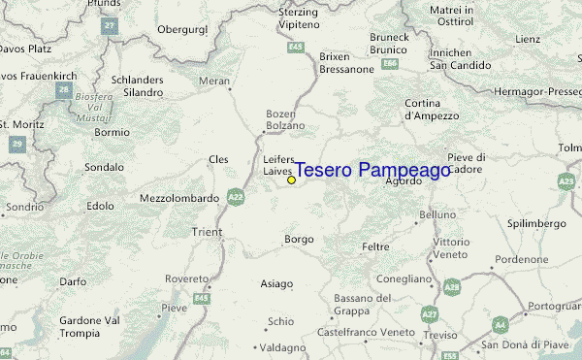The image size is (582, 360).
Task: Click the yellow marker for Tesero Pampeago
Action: tap(291, 180)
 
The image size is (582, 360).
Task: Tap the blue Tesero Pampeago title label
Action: tap(372, 171)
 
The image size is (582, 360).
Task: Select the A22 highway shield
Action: tap(236, 197)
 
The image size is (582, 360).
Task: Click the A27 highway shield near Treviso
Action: tap(430, 314)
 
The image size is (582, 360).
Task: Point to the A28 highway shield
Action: tap(451, 287)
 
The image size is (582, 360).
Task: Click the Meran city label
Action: tap(215, 82)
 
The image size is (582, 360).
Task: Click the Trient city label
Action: tap(208, 232)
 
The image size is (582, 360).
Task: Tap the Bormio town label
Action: tap(113, 132)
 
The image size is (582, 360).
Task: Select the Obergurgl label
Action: tap(183, 29)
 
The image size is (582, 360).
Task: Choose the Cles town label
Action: tap(218, 159)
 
